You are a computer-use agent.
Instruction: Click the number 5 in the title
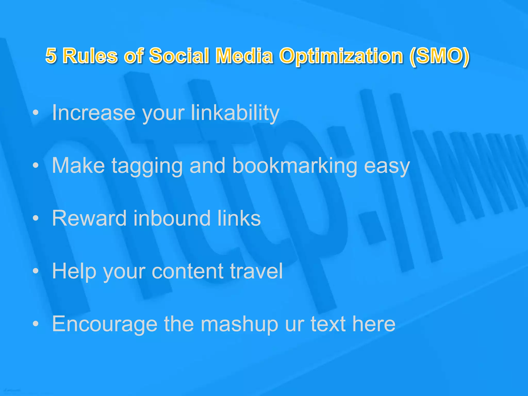[x=51, y=56]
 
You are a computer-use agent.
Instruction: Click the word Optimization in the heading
[x=341, y=56]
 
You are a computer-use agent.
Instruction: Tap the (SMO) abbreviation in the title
[x=439, y=56]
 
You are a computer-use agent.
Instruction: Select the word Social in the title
[x=179, y=56]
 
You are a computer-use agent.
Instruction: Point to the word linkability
[x=235, y=113]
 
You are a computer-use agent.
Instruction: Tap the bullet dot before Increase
[x=36, y=113]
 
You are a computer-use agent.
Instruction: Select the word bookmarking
[x=295, y=166]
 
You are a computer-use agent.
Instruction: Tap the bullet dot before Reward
[x=36, y=219]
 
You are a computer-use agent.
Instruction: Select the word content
[x=187, y=271]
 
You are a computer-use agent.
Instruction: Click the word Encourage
[x=105, y=324]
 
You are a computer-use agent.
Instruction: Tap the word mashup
[x=240, y=324]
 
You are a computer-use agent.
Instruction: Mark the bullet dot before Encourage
[x=36, y=324]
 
